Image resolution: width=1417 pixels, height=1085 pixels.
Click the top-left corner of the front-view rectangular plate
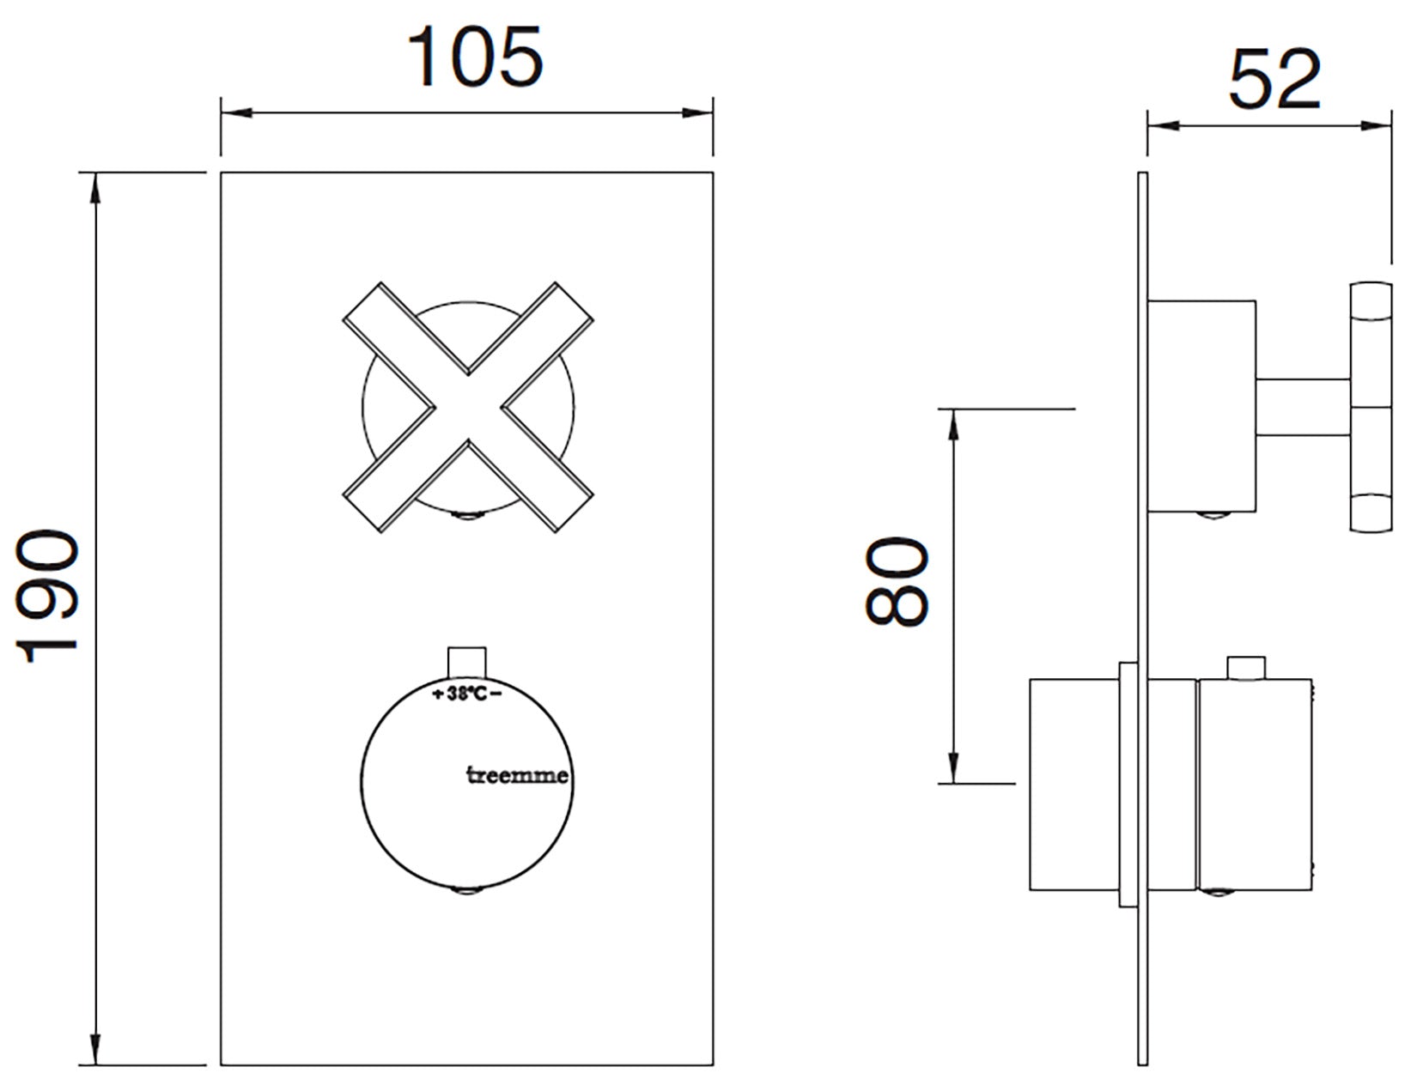pyautogui.click(x=221, y=173)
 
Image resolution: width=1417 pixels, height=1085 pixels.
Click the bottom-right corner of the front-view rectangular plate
pyautogui.click(x=713, y=1065)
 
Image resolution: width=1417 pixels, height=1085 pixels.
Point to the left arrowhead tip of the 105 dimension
pyautogui.click(x=222, y=113)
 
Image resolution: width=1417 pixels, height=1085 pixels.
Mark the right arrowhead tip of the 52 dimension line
pyautogui.click(x=1391, y=126)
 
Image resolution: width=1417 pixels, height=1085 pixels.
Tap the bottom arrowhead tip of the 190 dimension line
pyautogui.click(x=96, y=1064)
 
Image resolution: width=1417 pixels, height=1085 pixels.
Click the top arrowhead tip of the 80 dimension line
pyautogui.click(x=953, y=409)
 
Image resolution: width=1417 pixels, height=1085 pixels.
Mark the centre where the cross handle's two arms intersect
pyautogui.click(x=468, y=408)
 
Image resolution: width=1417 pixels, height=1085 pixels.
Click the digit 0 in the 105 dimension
pyautogui.click(x=473, y=58)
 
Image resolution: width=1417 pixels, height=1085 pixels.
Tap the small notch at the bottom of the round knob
pyautogui.click(x=467, y=892)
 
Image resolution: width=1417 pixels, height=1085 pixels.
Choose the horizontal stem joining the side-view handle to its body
pyautogui.click(x=1303, y=407)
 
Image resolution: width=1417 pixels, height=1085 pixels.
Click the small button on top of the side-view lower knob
pyautogui.click(x=1246, y=668)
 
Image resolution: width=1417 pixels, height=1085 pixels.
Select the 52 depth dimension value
pyautogui.click(x=1274, y=80)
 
